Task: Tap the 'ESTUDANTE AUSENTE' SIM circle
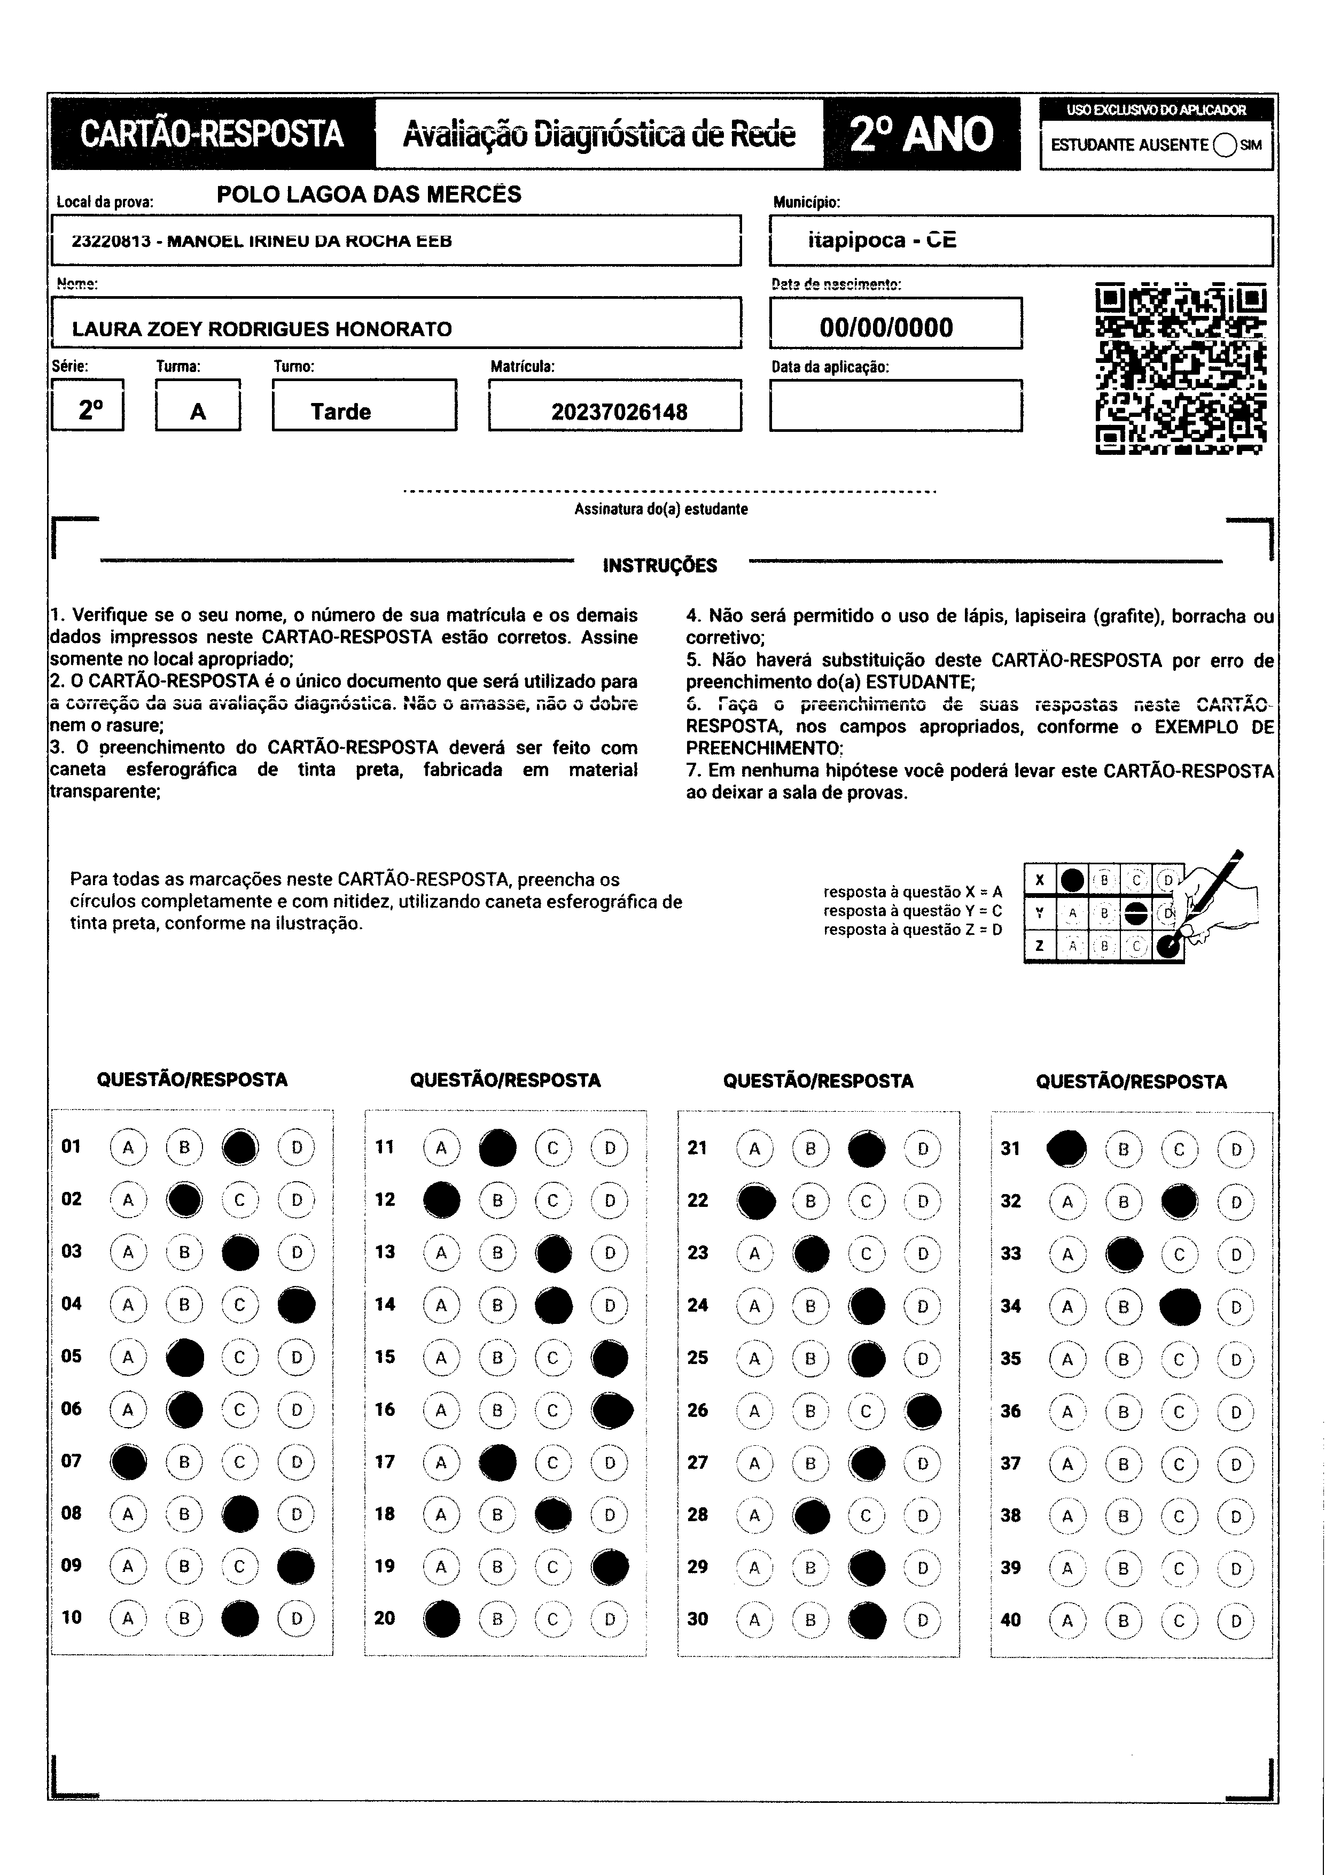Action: pos(1225,145)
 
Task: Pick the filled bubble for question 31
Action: pos(1066,1149)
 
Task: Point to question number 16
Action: pos(385,1409)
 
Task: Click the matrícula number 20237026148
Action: pos(619,412)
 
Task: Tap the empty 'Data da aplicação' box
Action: pos(895,405)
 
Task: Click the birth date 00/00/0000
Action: pos(886,328)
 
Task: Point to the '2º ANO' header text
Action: pos(922,134)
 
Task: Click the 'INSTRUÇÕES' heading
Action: pos(660,565)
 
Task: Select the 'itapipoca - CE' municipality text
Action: pos(882,240)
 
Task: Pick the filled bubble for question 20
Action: pos(442,1618)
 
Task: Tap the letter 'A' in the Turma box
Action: pos(198,412)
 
